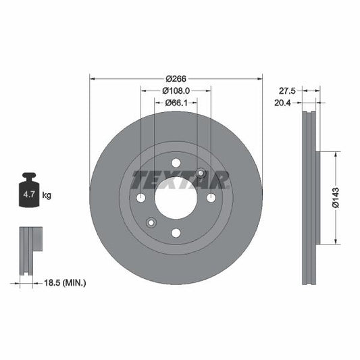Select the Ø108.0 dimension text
coord(176,90)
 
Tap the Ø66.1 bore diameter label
coord(176,103)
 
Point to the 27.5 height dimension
coord(288,90)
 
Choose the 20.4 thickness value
coord(288,103)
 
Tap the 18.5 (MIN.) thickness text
coord(64,282)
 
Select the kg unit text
coord(47,195)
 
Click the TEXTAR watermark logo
coord(180,180)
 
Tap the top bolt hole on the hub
coord(176,163)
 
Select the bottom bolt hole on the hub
coord(176,233)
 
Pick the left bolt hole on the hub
coord(140,198)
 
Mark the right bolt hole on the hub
coord(211,198)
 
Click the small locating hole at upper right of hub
coord(201,173)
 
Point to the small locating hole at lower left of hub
coord(151,223)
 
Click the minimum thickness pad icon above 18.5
coord(30,250)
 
